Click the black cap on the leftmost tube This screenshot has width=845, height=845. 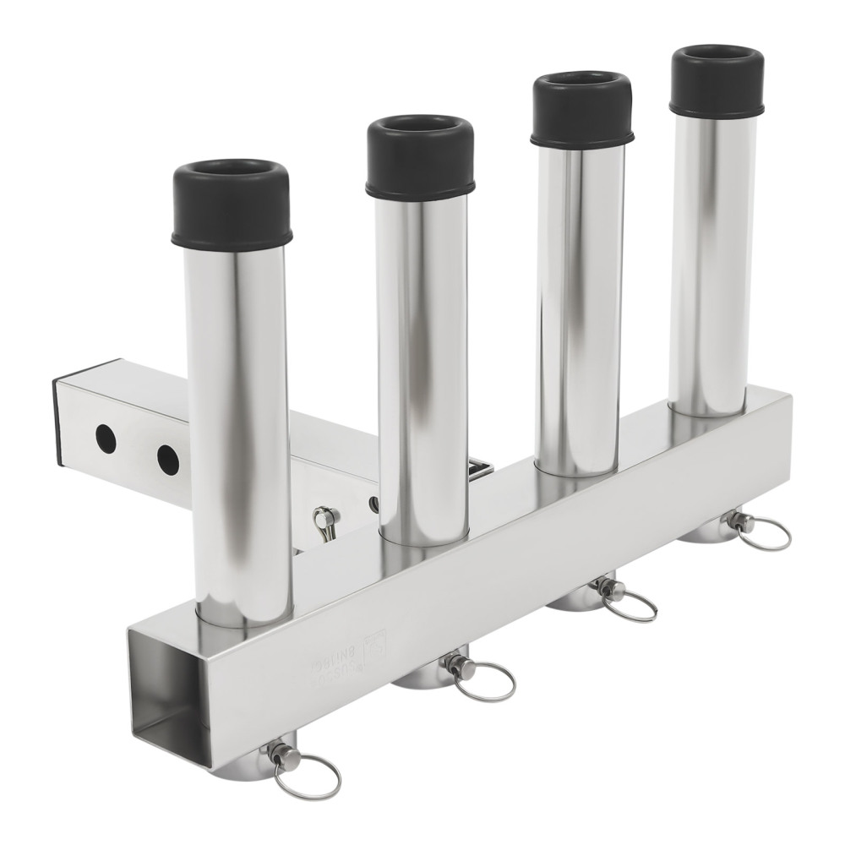pos(232,205)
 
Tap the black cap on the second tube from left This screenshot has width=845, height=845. pos(420,159)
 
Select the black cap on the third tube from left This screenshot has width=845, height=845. pos(582,110)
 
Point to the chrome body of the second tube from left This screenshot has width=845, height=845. pos(422,363)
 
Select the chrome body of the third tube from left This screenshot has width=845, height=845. pos(581,304)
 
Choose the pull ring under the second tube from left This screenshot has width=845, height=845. pos(485,680)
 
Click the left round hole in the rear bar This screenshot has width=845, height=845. pos(105,438)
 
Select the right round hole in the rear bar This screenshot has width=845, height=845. pos(167,459)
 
